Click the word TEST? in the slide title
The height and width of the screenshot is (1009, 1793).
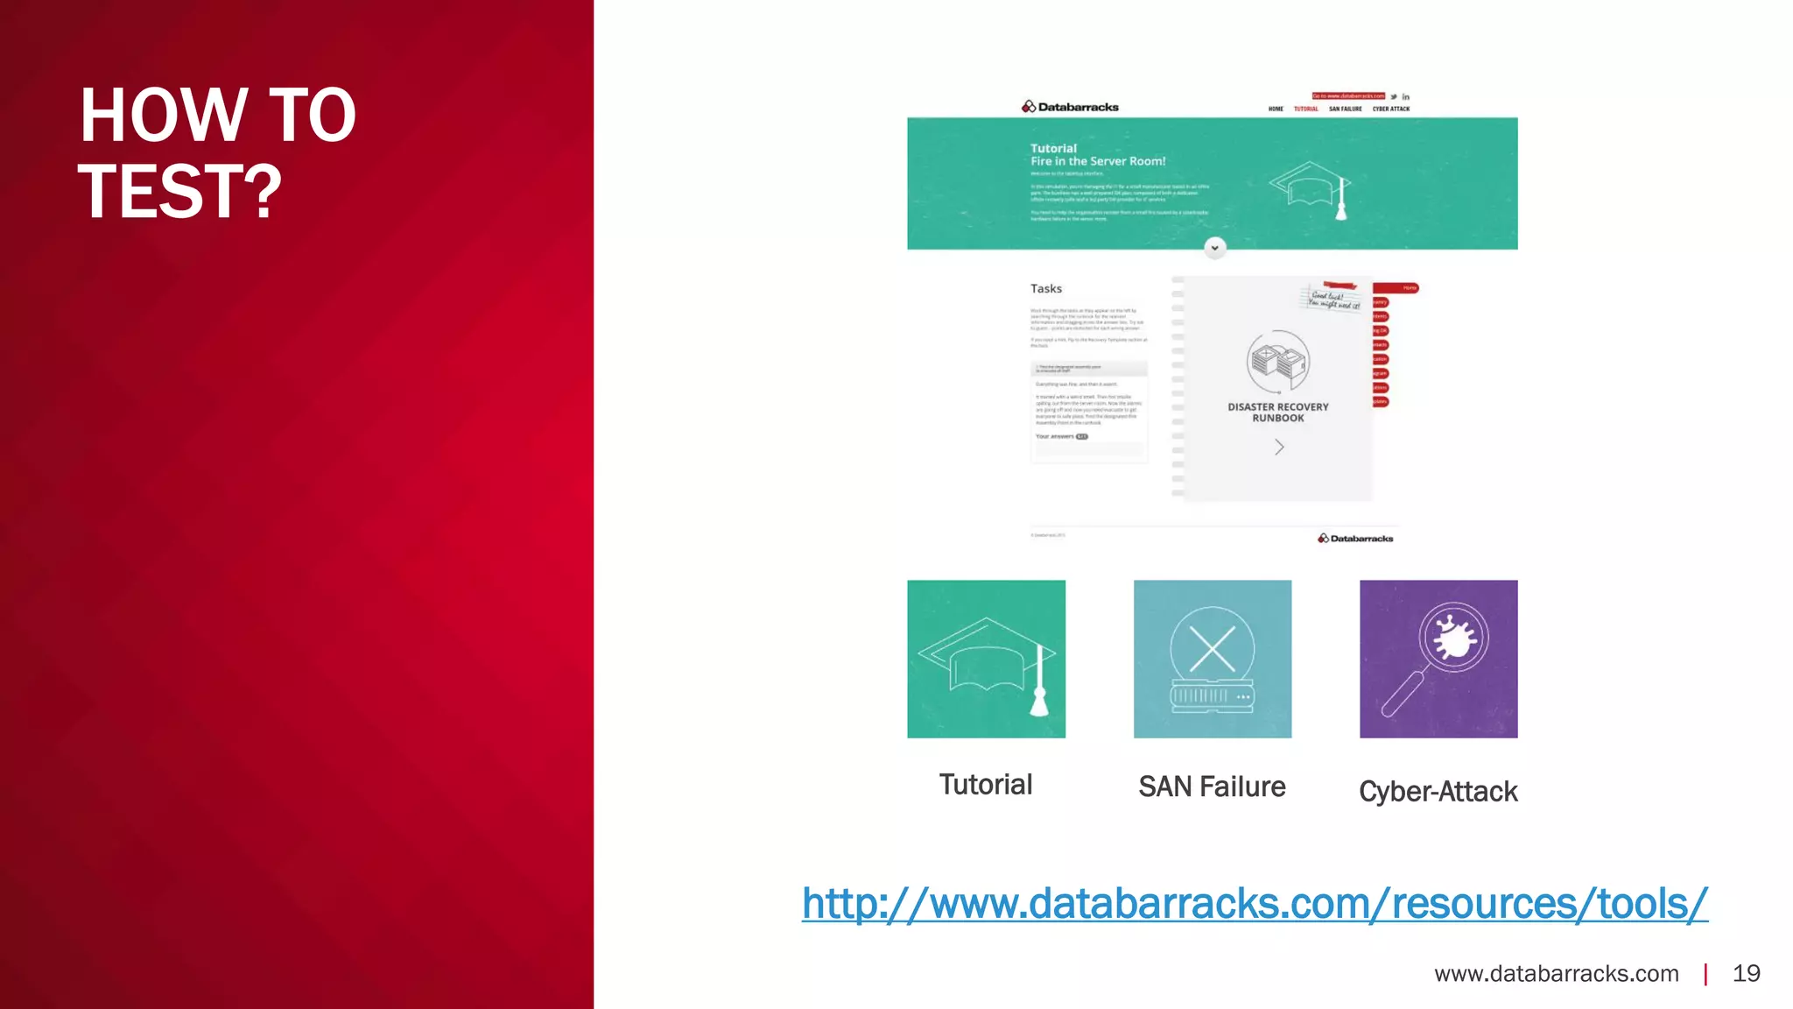(x=180, y=192)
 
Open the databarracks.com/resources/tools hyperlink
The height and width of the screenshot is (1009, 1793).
(x=1254, y=904)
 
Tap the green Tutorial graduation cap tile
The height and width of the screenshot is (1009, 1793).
(x=986, y=659)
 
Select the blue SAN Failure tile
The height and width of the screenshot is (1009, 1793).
(x=1212, y=659)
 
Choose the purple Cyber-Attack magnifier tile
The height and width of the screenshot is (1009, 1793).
(x=1438, y=659)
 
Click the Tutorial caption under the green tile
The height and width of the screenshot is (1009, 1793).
(x=985, y=785)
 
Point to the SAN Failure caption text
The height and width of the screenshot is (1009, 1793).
(x=1212, y=787)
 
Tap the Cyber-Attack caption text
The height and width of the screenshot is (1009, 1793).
(x=1438, y=792)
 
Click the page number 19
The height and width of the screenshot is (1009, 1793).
(x=1746, y=973)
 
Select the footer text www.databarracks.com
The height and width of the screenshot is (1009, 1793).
(x=1556, y=973)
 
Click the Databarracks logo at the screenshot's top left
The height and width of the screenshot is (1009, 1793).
(x=1070, y=107)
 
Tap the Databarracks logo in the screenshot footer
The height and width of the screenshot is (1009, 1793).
(x=1355, y=539)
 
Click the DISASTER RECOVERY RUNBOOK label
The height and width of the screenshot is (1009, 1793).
(x=1277, y=413)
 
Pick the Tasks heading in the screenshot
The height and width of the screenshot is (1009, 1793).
(x=1045, y=289)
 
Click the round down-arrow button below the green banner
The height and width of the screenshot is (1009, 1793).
(x=1214, y=248)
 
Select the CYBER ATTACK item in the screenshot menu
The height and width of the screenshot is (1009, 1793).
(x=1390, y=109)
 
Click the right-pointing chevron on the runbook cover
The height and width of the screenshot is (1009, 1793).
(x=1279, y=448)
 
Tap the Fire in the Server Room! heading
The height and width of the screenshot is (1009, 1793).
(x=1098, y=161)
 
